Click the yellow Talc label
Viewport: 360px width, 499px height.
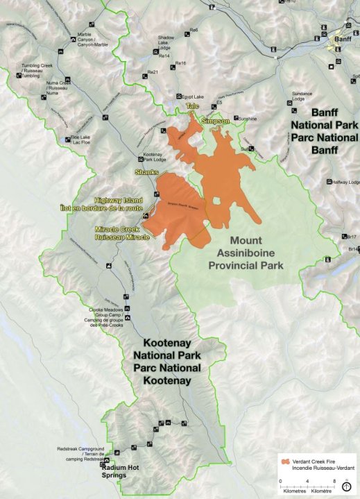(x=192, y=106)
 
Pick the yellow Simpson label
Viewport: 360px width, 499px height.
(x=214, y=121)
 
